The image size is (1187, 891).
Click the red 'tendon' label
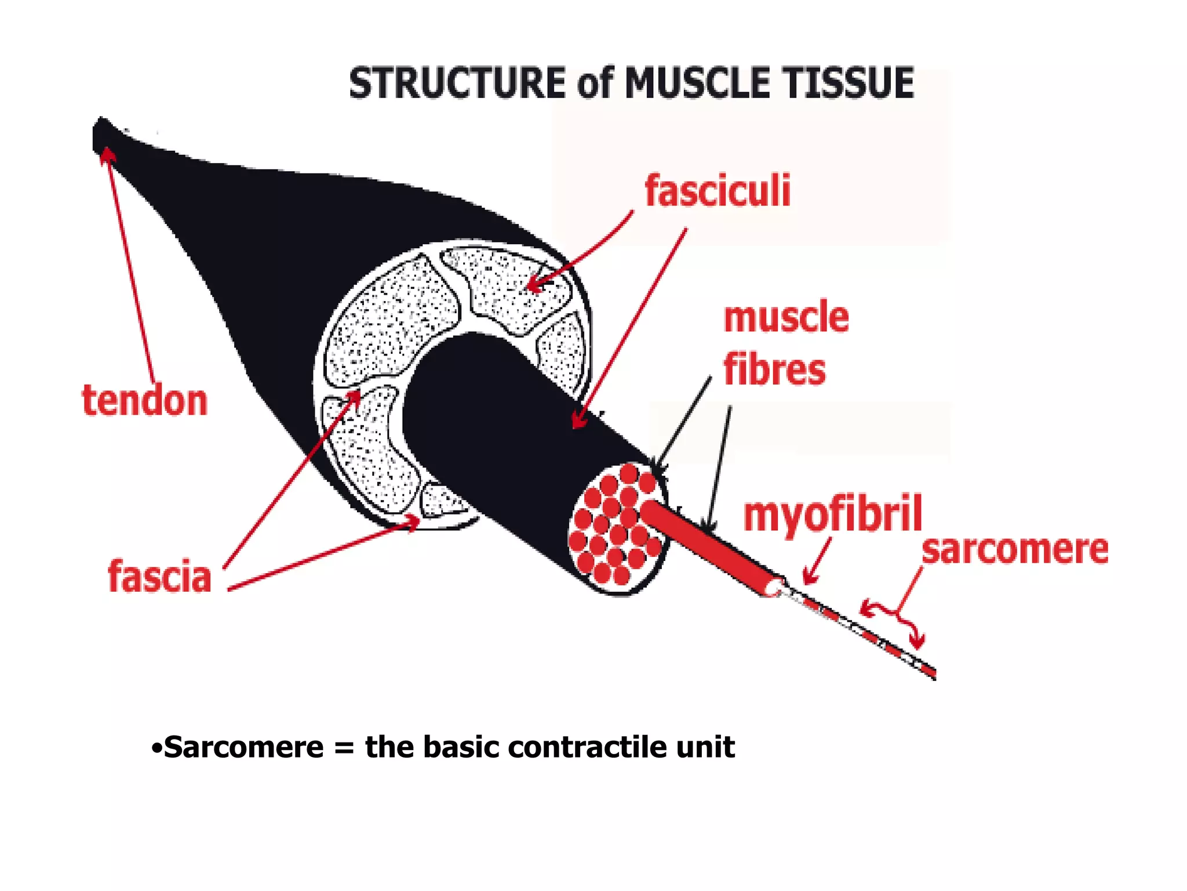pyautogui.click(x=145, y=400)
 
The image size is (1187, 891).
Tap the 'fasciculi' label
pyautogui.click(x=718, y=191)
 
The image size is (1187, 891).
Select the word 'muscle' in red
pyautogui.click(x=786, y=317)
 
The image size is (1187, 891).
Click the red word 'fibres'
pyautogui.click(x=774, y=370)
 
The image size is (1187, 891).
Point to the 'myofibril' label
pyautogui.click(x=832, y=514)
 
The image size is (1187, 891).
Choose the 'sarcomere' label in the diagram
pyautogui.click(x=1015, y=549)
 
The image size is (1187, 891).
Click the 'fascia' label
pyautogui.click(x=159, y=577)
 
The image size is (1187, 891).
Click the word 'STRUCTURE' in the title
pyautogui.click(x=457, y=83)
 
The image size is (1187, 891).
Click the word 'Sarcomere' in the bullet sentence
pyautogui.click(x=244, y=747)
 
